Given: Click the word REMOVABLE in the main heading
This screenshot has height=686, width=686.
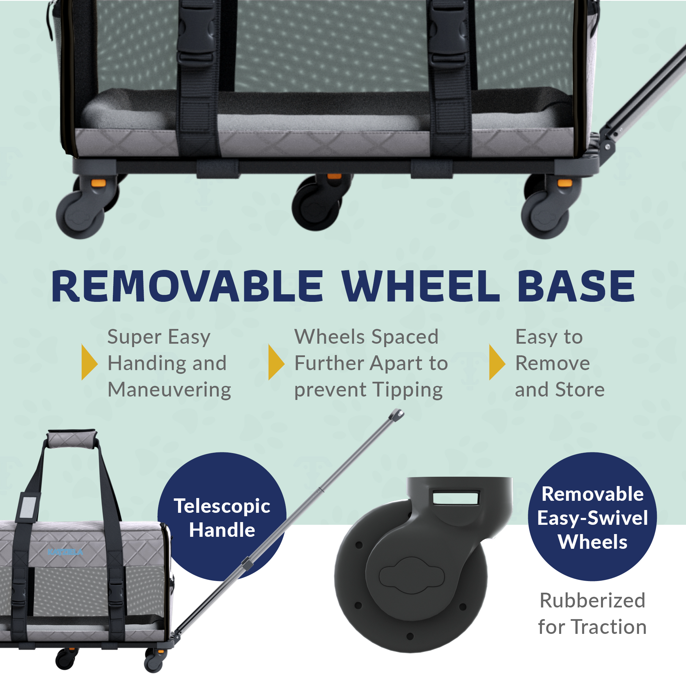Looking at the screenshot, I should pos(187,286).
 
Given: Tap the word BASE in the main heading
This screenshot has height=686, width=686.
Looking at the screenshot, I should pos(576,286).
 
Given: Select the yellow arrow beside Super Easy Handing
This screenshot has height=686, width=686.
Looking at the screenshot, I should pos(89,362).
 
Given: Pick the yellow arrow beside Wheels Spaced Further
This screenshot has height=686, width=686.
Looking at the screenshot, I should pos(276,362).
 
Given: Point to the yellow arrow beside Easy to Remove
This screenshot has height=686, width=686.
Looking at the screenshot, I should pos(497,362).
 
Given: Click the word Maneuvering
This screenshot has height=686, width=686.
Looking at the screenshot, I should pos(169,390).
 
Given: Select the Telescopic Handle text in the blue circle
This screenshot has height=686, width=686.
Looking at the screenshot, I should pos(222,518).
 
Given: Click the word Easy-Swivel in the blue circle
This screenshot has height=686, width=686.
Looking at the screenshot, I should pos(592,518).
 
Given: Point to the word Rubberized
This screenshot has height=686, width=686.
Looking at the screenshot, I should pos(592,601).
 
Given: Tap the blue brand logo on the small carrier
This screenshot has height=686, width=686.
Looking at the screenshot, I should pos(65,552).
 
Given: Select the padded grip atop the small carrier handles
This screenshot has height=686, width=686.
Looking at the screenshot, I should pos(71,440).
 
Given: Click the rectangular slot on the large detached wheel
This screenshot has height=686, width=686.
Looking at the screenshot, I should pos(456,497).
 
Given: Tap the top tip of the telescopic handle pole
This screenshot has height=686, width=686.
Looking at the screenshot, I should pos(397,414).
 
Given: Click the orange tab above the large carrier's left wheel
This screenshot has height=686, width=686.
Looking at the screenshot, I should pos(98,183).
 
